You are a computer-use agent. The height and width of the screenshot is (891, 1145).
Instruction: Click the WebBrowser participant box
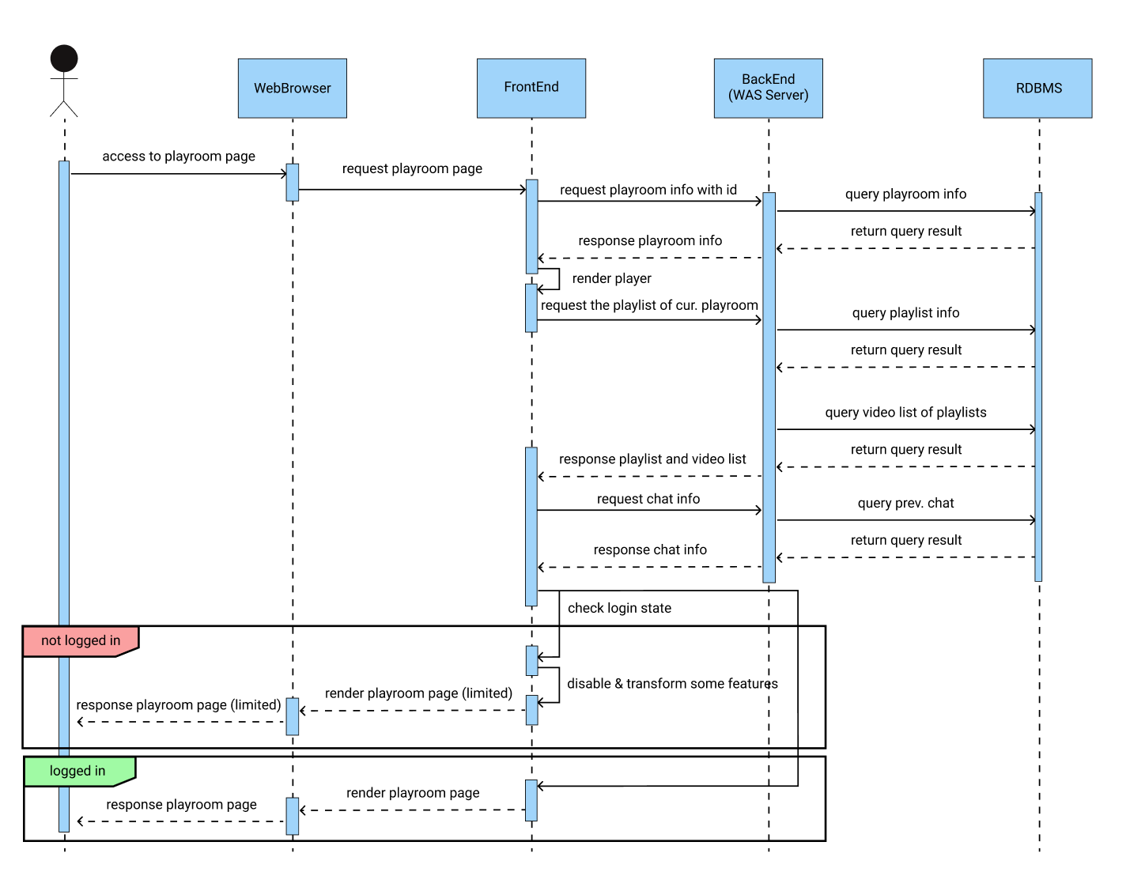292,89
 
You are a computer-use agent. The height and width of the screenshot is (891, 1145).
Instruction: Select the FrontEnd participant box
531,88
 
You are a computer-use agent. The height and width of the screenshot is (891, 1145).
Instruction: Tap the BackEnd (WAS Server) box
768,88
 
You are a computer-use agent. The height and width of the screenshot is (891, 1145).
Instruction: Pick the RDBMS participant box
1037,89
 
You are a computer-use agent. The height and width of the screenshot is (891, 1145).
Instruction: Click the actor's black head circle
64,59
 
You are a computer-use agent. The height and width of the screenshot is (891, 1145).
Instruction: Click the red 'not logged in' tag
81,640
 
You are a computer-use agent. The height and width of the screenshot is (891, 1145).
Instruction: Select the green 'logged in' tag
77,771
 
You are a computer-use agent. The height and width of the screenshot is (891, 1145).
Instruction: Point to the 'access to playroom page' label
179,157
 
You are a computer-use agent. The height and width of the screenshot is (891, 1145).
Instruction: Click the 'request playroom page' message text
412,168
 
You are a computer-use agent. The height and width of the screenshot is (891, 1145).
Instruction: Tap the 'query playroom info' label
905,194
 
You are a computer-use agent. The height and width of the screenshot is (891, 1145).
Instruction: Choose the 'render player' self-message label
611,278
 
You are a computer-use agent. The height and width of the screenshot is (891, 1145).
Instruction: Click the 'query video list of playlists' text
905,412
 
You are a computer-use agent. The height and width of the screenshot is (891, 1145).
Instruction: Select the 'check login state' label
619,608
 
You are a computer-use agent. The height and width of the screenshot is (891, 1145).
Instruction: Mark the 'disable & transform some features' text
672,684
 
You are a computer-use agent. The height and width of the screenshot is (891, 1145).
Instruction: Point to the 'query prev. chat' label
905,503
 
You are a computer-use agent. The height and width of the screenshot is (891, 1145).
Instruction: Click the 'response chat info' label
650,549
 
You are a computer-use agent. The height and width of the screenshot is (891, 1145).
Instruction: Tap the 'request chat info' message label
648,499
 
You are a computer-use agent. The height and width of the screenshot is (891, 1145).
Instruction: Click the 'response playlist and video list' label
652,459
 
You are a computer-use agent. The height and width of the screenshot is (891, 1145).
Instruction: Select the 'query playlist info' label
905,313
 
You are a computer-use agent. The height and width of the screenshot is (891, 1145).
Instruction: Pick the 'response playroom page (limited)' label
179,705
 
